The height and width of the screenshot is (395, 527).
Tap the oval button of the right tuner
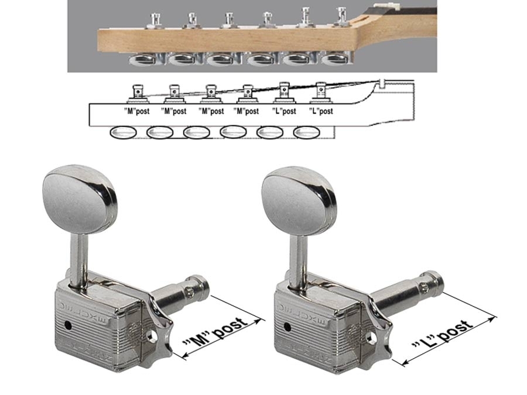(x=299, y=201)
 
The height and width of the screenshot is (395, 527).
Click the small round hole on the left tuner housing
(x=69, y=325)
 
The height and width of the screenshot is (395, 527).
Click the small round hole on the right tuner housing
(x=288, y=326)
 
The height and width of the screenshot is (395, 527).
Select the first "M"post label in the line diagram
(x=137, y=111)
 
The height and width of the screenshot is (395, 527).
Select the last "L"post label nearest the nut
(x=321, y=111)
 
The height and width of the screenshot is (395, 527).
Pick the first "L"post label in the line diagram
(x=285, y=111)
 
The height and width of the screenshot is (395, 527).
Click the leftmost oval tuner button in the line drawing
(x=124, y=133)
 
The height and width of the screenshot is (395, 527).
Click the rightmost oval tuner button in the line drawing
(x=306, y=133)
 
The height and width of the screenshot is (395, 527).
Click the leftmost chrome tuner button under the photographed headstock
(x=142, y=60)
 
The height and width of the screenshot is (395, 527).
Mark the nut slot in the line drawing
(x=382, y=83)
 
